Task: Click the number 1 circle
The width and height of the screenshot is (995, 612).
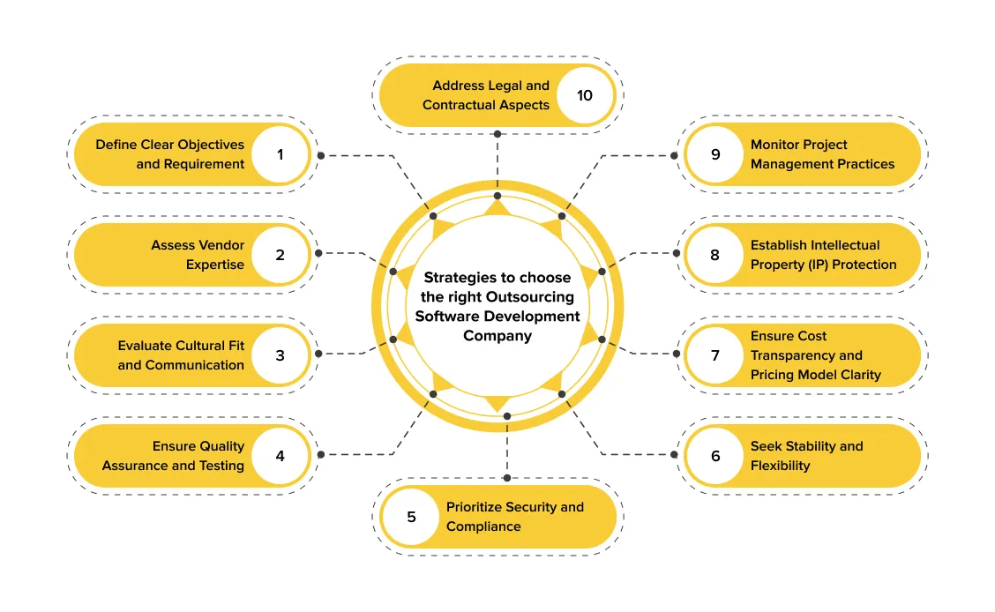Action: tap(281, 154)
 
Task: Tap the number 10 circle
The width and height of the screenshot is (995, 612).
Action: tap(585, 95)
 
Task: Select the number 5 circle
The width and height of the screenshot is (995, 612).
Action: tap(411, 517)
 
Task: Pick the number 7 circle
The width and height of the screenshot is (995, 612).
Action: tap(715, 355)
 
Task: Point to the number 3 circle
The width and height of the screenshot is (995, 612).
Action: tap(281, 355)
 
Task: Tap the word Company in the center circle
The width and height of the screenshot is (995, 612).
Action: tap(497, 336)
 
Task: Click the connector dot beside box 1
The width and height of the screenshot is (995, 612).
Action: tap(321, 155)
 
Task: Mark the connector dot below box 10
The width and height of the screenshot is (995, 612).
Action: tap(497, 134)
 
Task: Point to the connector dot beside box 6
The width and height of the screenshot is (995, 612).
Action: tap(675, 454)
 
